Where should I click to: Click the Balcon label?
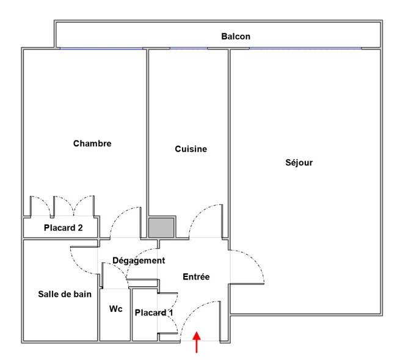235,37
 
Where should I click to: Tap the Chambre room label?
92,144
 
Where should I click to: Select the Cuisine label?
191,149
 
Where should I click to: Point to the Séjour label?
299,163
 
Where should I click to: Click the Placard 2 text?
63,229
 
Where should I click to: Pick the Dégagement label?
139,261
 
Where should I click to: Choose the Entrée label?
196,277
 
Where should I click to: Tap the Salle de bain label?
65,294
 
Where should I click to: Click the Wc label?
115,309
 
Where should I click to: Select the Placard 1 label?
154,313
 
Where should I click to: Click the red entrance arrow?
197,342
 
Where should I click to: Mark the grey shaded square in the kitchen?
162,227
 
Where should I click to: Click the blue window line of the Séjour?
305,49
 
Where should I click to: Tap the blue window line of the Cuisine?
187,49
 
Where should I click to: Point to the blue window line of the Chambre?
101,49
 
